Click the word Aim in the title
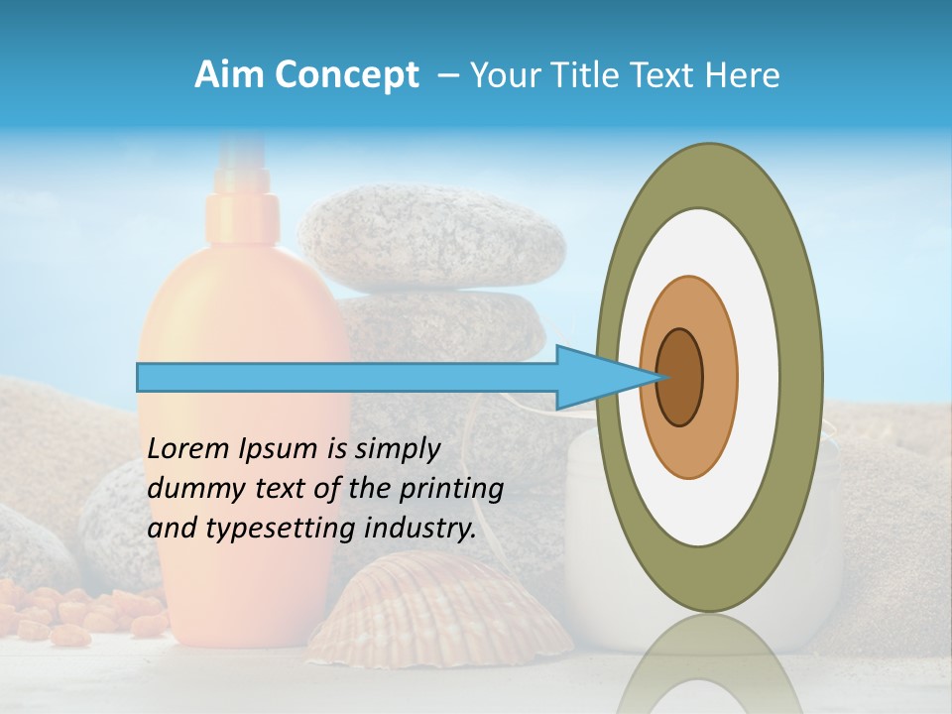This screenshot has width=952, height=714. pyautogui.click(x=225, y=75)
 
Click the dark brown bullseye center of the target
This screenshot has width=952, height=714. pyautogui.click(x=679, y=377)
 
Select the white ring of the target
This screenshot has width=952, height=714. pyautogui.click(x=759, y=377)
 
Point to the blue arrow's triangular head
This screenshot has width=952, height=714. pyautogui.click(x=595, y=377)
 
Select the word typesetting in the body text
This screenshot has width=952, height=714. pyautogui.click(x=265, y=529)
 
